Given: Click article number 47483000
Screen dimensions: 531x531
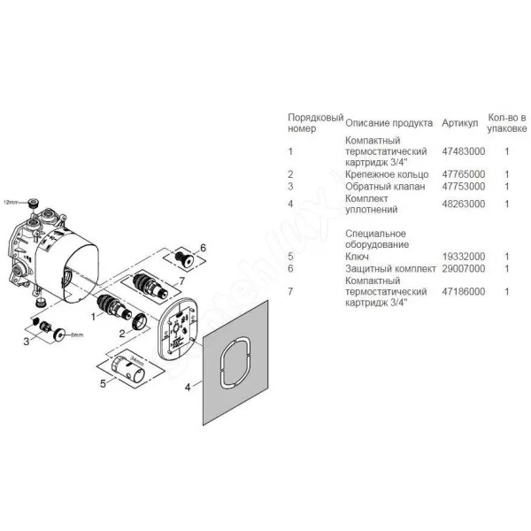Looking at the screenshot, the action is click(x=463, y=151).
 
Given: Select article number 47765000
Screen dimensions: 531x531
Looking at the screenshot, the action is click(x=463, y=174).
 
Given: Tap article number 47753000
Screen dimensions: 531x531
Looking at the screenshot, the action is click(x=463, y=187).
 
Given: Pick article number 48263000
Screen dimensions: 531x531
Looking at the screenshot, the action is click(x=463, y=204).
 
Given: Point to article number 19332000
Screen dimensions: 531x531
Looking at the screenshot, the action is click(x=463, y=257).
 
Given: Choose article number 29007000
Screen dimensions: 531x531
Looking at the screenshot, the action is click(x=463, y=268).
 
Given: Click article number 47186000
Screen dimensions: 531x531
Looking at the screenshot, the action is click(x=463, y=291).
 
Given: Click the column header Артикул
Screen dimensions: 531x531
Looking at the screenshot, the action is click(x=459, y=123).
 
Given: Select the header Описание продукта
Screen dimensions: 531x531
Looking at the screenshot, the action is click(x=389, y=123).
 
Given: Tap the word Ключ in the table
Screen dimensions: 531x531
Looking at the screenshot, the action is click(x=357, y=257).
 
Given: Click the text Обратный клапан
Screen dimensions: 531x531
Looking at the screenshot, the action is click(x=385, y=187).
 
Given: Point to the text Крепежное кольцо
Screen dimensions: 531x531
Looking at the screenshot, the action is click(x=387, y=174).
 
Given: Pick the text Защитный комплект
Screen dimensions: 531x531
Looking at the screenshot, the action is click(x=390, y=268).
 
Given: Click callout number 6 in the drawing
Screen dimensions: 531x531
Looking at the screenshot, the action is click(x=203, y=248).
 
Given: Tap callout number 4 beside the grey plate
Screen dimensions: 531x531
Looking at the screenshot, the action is click(x=188, y=387).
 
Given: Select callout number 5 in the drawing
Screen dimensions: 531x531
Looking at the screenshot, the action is click(x=103, y=384).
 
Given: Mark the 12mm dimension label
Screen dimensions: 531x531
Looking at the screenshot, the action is click(x=10, y=202).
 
